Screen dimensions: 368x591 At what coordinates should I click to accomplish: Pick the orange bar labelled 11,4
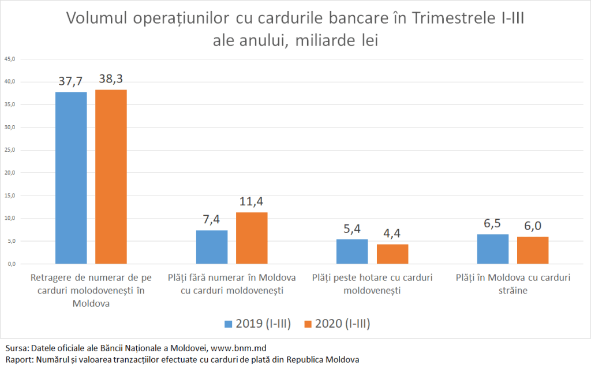(252, 238)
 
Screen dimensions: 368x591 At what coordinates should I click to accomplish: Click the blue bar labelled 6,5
(493, 249)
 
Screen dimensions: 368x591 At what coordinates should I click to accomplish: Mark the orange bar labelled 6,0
(533, 250)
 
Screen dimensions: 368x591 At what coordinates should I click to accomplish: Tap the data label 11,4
(252, 202)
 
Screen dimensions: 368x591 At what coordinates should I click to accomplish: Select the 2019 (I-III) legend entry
(257, 324)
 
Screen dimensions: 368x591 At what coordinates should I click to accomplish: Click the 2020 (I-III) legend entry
(334, 324)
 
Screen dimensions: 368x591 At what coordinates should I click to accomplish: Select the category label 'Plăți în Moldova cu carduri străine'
(513, 284)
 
